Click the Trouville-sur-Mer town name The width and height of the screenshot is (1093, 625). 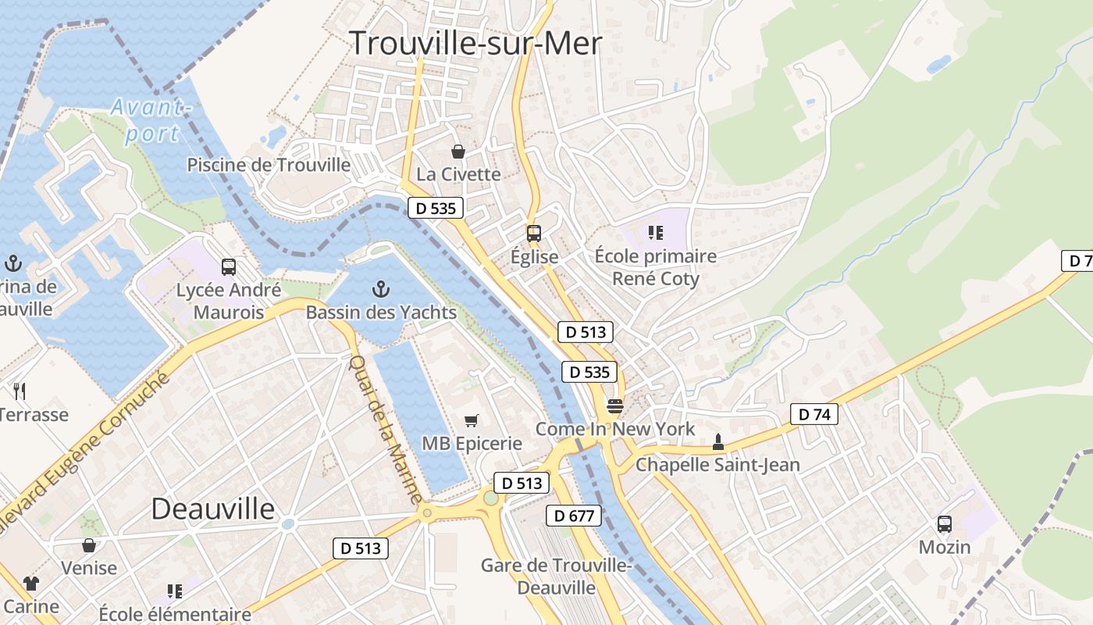pyautogui.click(x=475, y=43)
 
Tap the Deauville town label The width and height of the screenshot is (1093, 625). pyautogui.click(x=213, y=509)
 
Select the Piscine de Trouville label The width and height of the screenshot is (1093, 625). pyautogui.click(x=269, y=165)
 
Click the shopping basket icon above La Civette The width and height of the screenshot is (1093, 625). pyautogui.click(x=458, y=151)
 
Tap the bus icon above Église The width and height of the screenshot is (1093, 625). pyautogui.click(x=534, y=233)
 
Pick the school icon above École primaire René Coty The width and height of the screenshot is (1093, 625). pyautogui.click(x=656, y=232)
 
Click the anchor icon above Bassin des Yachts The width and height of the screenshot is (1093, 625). pyautogui.click(x=380, y=290)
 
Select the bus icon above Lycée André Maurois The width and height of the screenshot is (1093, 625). pyautogui.click(x=229, y=267)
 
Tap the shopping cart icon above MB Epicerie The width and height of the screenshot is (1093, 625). pyautogui.click(x=472, y=421)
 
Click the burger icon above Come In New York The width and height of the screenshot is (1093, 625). pyautogui.click(x=614, y=406)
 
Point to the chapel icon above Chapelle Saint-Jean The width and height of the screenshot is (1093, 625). pyautogui.click(x=718, y=442)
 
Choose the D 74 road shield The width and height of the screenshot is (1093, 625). pyautogui.click(x=814, y=414)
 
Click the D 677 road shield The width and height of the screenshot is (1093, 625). pyautogui.click(x=574, y=516)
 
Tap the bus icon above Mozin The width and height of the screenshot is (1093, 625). pyautogui.click(x=945, y=524)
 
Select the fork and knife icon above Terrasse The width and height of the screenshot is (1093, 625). pyautogui.click(x=20, y=391)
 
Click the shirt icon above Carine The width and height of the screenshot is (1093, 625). pyautogui.click(x=31, y=583)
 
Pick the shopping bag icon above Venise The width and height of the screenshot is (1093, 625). pyautogui.click(x=89, y=545)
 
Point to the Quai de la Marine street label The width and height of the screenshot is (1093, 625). pyautogui.click(x=386, y=429)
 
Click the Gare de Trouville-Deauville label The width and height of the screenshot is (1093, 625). pyautogui.click(x=557, y=576)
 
